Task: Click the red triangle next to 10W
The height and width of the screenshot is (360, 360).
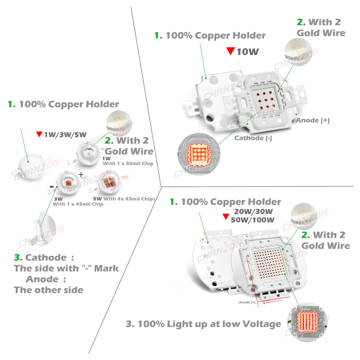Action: (x=230, y=51)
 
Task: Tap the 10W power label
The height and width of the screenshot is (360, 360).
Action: (x=247, y=52)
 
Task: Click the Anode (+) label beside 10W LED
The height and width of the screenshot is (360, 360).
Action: (x=313, y=120)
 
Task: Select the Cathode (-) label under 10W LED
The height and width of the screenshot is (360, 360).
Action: (x=253, y=138)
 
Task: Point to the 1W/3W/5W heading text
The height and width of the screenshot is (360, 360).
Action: (x=65, y=135)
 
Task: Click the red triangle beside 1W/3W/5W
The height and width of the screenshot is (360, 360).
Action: (x=39, y=134)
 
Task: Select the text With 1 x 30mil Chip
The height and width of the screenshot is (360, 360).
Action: (x=128, y=163)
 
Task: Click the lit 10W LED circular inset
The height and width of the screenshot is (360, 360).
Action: (x=198, y=154)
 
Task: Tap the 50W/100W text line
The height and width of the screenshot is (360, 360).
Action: (x=253, y=220)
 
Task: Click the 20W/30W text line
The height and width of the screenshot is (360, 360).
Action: (x=253, y=211)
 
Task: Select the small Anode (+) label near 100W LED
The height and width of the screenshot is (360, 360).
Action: (x=247, y=302)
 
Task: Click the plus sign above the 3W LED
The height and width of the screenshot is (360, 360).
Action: (x=81, y=174)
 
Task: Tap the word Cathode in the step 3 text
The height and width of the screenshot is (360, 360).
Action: (x=46, y=257)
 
